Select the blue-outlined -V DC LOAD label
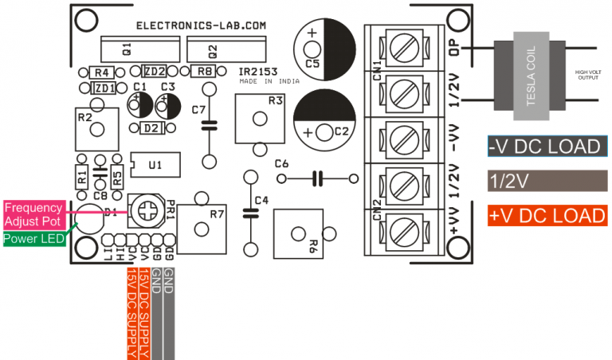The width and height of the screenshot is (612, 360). click(545, 147)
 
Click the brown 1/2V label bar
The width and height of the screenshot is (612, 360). click(545, 181)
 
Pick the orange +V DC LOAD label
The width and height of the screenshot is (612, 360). click(545, 216)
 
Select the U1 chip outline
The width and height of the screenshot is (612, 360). click(155, 164)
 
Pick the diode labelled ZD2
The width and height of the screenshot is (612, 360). click(155, 71)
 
